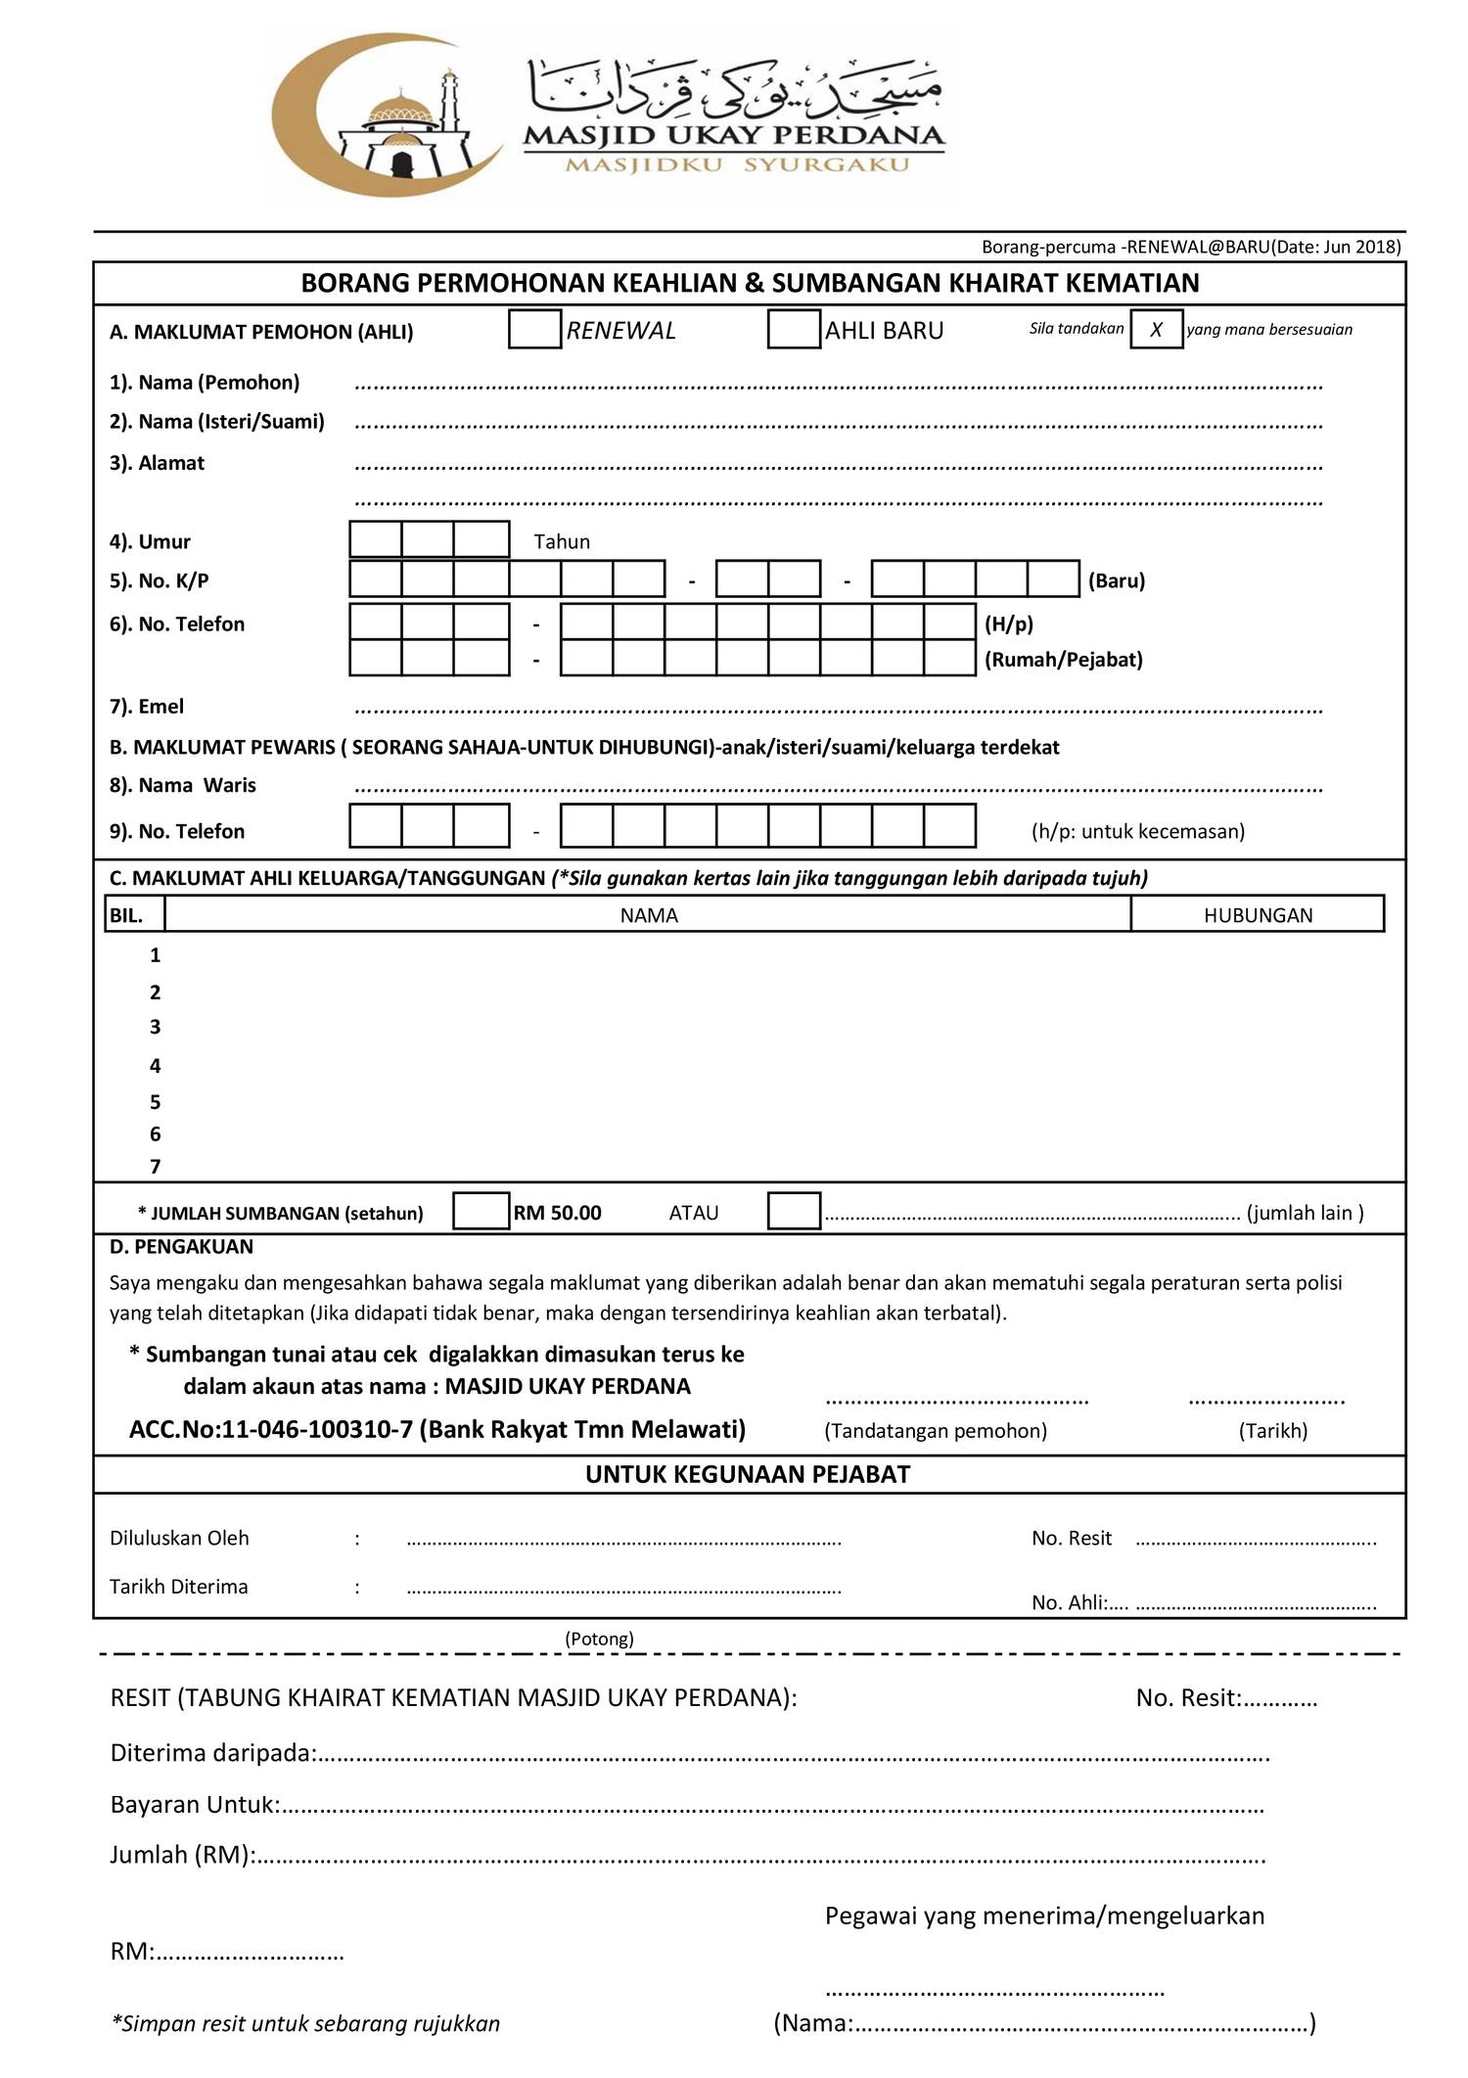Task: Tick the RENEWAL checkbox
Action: (x=534, y=329)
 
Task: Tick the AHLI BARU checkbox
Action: (x=794, y=329)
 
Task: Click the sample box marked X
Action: (x=1156, y=329)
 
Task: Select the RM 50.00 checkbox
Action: (x=482, y=1211)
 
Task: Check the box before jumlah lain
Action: (x=794, y=1211)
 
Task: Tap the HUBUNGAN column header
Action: (x=1258, y=915)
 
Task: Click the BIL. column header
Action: (x=127, y=915)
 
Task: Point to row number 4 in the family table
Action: (x=155, y=1065)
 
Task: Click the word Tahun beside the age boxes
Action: (x=562, y=541)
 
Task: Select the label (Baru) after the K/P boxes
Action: (x=1117, y=580)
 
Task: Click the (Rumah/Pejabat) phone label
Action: (x=1064, y=660)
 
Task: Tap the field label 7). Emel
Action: (x=147, y=706)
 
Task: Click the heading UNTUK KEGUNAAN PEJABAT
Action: (x=748, y=1474)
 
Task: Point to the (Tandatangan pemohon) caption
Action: (x=936, y=1430)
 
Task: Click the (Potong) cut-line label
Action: (x=599, y=1638)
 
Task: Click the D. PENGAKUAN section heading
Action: (x=181, y=1246)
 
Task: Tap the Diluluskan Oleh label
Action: (x=179, y=1538)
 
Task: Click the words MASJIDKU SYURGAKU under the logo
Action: (x=737, y=164)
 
